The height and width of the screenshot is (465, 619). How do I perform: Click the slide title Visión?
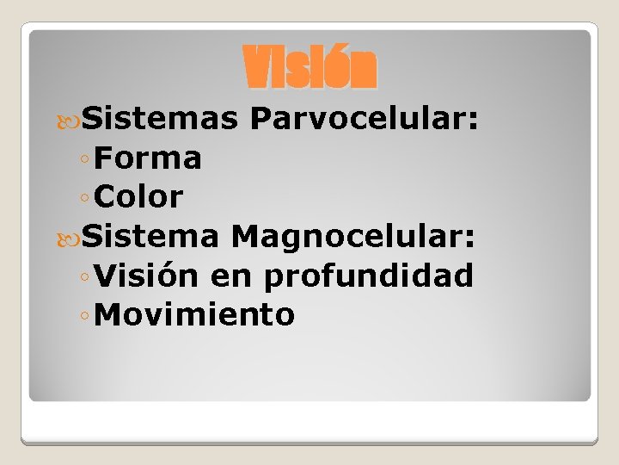[x=309, y=68]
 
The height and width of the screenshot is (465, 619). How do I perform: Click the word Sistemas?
[x=160, y=119]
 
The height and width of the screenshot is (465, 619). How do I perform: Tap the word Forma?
[x=149, y=158]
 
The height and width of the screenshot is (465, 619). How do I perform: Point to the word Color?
[x=139, y=197]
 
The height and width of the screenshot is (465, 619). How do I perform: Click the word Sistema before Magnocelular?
[x=151, y=237]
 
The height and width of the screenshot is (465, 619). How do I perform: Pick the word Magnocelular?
[x=352, y=237]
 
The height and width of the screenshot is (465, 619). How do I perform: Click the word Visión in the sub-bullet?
[x=147, y=276]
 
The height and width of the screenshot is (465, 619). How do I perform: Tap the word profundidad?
[x=369, y=276]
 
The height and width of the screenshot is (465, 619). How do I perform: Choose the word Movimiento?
[x=195, y=315]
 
